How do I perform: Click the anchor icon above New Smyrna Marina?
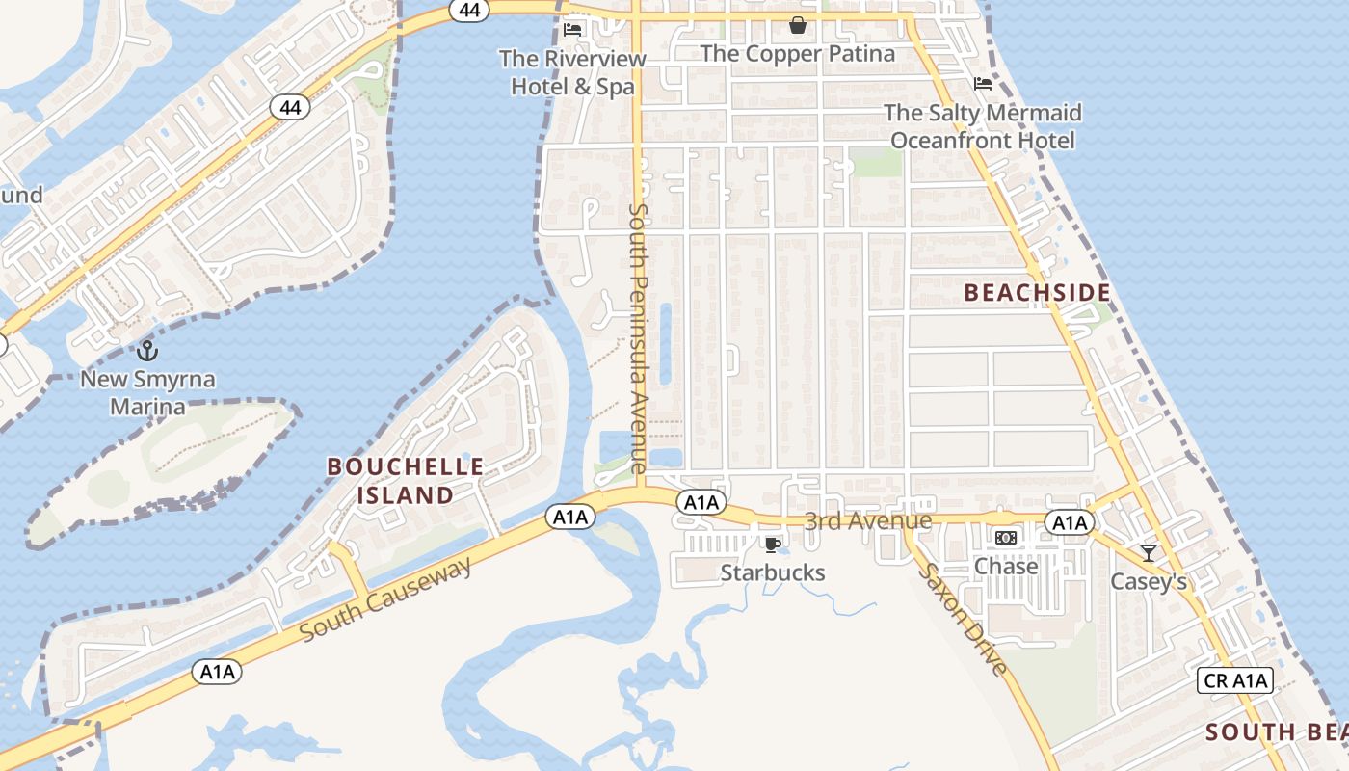(x=147, y=351)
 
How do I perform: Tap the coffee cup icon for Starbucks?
(x=772, y=545)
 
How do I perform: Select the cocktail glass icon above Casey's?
(x=1148, y=552)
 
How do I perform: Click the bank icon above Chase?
(x=1006, y=538)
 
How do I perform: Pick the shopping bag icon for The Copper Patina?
(x=797, y=25)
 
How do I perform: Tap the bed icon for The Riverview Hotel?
(x=572, y=29)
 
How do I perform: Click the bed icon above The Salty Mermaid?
(x=983, y=84)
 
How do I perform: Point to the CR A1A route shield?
(x=1236, y=680)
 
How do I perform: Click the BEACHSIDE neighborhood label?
(x=1037, y=293)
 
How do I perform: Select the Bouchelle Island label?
(x=406, y=481)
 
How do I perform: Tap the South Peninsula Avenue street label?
(x=639, y=337)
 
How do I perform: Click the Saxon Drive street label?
(x=964, y=619)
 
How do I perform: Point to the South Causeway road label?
(x=385, y=598)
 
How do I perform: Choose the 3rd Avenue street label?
(x=868, y=521)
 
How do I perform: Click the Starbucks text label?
(x=773, y=572)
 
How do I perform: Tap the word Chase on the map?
(x=1006, y=566)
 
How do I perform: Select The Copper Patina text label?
(x=797, y=54)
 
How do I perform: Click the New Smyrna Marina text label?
(x=147, y=392)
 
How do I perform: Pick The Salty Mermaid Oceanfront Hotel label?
(x=983, y=126)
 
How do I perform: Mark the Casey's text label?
(x=1148, y=581)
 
